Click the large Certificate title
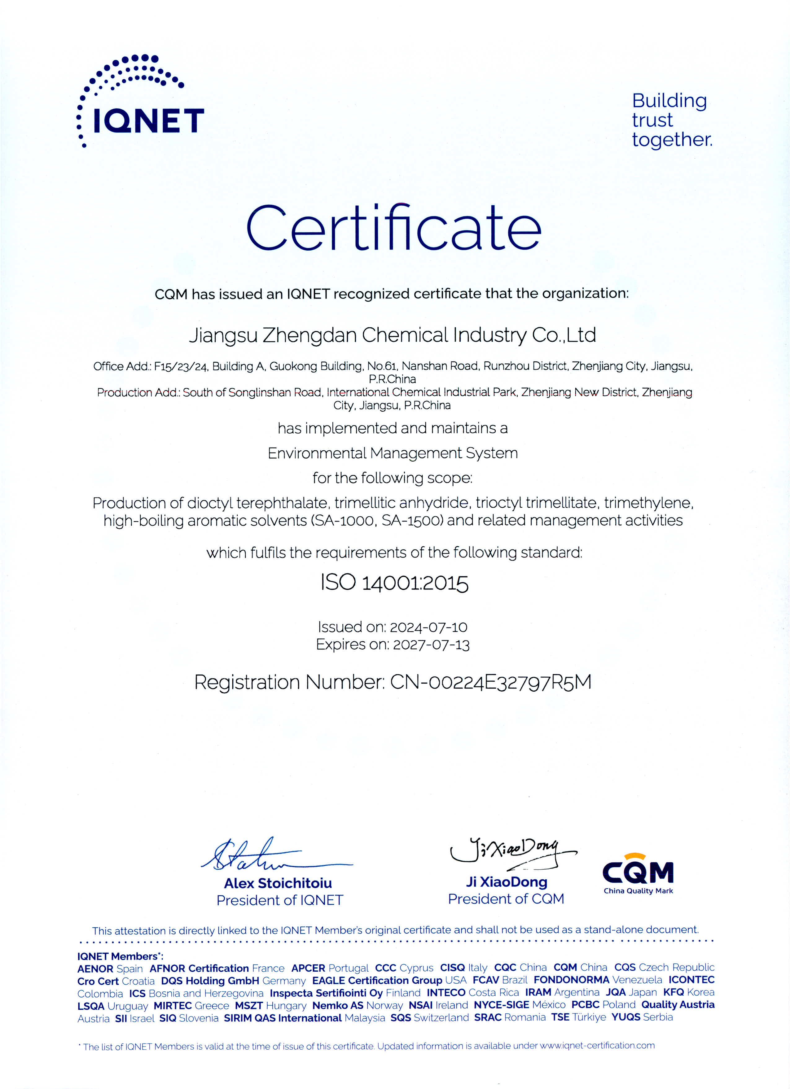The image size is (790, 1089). (x=394, y=228)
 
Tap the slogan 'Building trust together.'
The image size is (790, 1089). (x=671, y=120)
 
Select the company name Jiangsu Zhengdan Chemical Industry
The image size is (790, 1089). (x=392, y=335)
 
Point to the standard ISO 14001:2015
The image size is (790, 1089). (x=394, y=583)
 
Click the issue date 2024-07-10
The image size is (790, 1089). (x=428, y=627)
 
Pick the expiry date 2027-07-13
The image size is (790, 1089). (x=431, y=644)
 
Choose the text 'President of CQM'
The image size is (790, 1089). (x=506, y=899)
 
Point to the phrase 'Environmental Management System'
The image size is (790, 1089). (x=392, y=453)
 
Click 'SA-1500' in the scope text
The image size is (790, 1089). (x=411, y=520)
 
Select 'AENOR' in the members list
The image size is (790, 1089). (x=95, y=969)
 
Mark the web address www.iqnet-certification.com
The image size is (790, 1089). (x=597, y=1045)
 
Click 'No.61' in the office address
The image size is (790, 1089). (x=382, y=366)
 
